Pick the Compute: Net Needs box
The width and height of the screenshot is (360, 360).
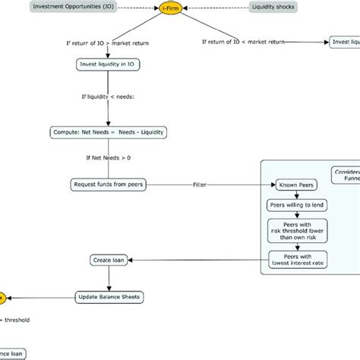[x=108, y=132]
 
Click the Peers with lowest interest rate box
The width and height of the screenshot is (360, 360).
[x=292, y=261]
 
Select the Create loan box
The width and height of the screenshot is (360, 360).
[x=108, y=261]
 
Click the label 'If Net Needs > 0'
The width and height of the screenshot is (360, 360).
[x=108, y=158]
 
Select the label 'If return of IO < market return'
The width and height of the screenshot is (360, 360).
[x=245, y=43]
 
